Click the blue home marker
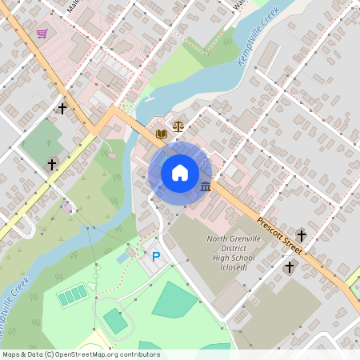pos(179,172)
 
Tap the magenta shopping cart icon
pos(42,34)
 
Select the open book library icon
pos(162,133)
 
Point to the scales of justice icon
pos(178,126)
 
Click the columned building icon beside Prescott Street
pos(206,187)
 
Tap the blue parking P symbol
pos(156,257)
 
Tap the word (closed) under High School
pos(233,266)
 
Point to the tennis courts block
pos(72,295)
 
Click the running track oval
pos(115,321)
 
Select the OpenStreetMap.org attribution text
pos(113,354)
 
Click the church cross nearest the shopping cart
pos(62,107)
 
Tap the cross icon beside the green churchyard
pos(52,164)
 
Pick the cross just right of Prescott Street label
pos(302,235)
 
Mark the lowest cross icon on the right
pos(290,266)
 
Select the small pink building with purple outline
pos(70,208)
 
